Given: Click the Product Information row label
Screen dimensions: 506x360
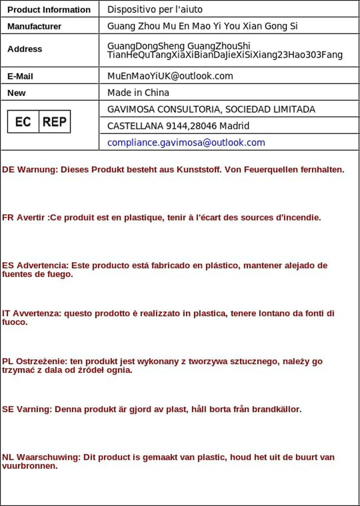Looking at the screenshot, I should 49,9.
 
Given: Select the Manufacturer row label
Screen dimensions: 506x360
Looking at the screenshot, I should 34,26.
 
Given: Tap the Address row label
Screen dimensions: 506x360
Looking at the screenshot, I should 24,49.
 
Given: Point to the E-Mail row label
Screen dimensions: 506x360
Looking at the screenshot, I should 20,76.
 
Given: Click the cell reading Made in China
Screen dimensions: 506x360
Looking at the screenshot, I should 138,92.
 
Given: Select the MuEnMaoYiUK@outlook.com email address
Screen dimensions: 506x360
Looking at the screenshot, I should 170,76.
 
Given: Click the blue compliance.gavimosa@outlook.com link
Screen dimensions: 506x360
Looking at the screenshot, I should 186,142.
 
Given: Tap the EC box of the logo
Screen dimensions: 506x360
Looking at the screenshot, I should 23,121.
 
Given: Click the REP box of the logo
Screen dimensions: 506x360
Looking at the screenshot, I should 54,121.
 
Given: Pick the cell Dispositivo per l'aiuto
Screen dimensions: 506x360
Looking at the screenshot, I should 155,9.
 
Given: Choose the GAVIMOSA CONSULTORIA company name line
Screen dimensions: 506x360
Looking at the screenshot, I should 211,109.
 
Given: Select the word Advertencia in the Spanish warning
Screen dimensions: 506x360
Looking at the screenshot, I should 41,265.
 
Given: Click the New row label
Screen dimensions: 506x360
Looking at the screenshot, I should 16,93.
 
